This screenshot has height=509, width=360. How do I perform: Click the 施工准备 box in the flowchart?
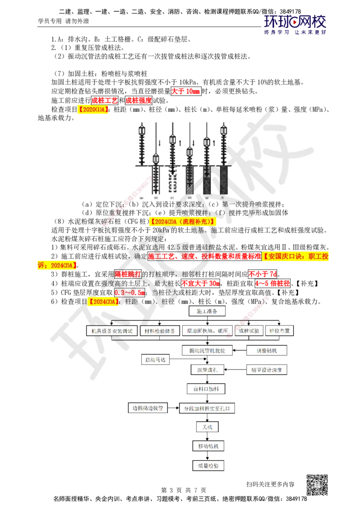tap(207, 311)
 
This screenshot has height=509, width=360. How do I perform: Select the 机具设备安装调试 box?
tap(112, 330)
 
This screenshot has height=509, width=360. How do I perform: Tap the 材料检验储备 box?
tap(160, 330)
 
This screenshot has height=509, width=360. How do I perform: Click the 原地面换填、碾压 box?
tap(207, 330)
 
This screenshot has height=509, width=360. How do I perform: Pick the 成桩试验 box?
tap(249, 330)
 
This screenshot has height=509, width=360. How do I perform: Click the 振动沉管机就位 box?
tap(207, 350)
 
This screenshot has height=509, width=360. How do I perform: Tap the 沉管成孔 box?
tap(207, 370)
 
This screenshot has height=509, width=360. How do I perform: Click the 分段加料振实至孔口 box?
tap(207, 408)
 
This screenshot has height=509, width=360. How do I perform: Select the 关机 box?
tap(207, 427)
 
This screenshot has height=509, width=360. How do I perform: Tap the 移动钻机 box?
tap(208, 446)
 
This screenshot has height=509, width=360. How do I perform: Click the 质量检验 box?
tap(208, 466)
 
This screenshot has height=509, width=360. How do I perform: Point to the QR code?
tap(317, 485)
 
